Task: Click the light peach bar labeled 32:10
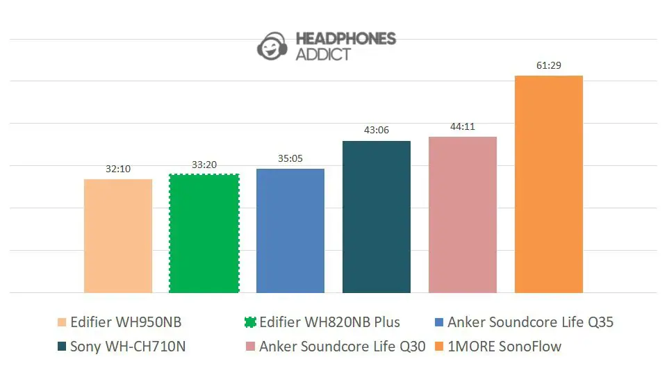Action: point(118,236)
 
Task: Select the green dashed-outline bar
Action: point(204,233)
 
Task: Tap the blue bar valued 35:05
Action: point(290,231)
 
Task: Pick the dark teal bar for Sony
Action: point(377,217)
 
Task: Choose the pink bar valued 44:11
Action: point(463,215)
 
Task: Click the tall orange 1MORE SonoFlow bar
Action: point(549,184)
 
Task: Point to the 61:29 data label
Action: point(549,66)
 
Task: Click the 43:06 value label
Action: point(377,131)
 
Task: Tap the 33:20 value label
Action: point(204,165)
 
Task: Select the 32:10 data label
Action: point(118,169)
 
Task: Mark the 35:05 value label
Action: point(290,158)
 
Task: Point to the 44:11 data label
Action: point(463,126)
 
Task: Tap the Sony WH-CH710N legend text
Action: point(128,347)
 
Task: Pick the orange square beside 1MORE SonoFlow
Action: point(439,347)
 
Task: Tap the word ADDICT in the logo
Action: point(323,55)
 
